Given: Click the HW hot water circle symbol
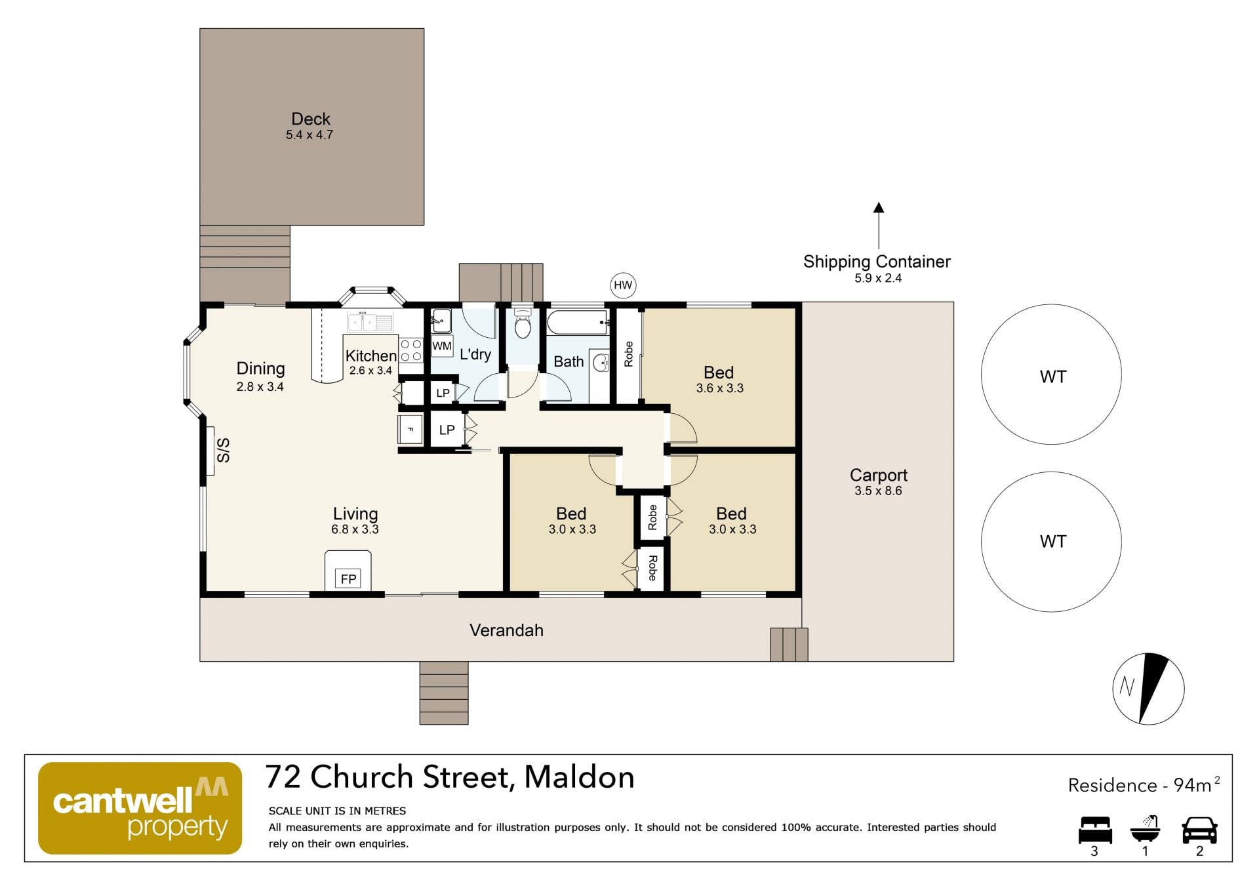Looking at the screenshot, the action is [x=623, y=285].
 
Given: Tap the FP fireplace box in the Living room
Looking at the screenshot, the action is [x=348, y=578].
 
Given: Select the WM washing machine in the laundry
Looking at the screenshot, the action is [x=442, y=346].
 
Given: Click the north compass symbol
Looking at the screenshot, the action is [x=1148, y=689].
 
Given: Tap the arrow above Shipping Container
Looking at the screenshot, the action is [x=879, y=226].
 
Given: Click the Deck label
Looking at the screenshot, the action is [x=311, y=119].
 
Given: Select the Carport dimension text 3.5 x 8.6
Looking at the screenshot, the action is [x=878, y=491].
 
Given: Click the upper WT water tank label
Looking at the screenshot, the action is [x=1053, y=376].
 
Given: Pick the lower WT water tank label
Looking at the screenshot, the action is [x=1053, y=541].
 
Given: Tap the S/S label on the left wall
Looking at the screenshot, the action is [x=224, y=451].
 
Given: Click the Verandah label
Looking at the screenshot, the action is [x=506, y=630].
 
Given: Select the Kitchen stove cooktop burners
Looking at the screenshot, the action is [x=411, y=350].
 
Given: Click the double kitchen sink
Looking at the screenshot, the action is [x=370, y=322].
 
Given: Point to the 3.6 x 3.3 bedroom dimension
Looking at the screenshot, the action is [x=720, y=388].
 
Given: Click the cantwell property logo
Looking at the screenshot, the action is [x=140, y=808].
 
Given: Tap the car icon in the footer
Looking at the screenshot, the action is [x=1199, y=830].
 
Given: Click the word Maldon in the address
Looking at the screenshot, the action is [x=579, y=777].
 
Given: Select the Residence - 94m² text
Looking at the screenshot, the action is [x=1144, y=784].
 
